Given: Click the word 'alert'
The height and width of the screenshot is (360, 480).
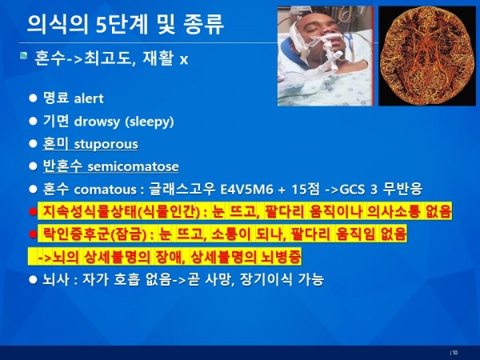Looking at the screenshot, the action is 89,98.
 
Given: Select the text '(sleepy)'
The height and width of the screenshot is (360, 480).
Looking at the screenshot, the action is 150,122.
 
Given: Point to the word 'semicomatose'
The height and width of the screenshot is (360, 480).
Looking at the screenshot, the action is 133,166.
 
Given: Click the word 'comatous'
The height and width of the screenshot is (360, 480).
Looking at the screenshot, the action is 105,189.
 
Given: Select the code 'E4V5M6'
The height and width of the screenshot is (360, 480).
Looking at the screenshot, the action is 246,189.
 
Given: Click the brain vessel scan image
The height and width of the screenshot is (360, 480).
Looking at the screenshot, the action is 427,56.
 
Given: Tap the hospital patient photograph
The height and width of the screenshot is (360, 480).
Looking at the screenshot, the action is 326,56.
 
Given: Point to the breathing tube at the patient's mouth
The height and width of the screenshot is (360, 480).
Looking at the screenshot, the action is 326,49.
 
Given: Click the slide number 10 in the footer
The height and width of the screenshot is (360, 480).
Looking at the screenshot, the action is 455,352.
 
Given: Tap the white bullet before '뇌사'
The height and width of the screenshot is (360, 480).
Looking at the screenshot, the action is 33,279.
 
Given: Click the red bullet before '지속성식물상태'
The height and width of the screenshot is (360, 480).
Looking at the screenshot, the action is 33,212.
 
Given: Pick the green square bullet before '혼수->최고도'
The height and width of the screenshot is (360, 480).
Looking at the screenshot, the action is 23,56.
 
